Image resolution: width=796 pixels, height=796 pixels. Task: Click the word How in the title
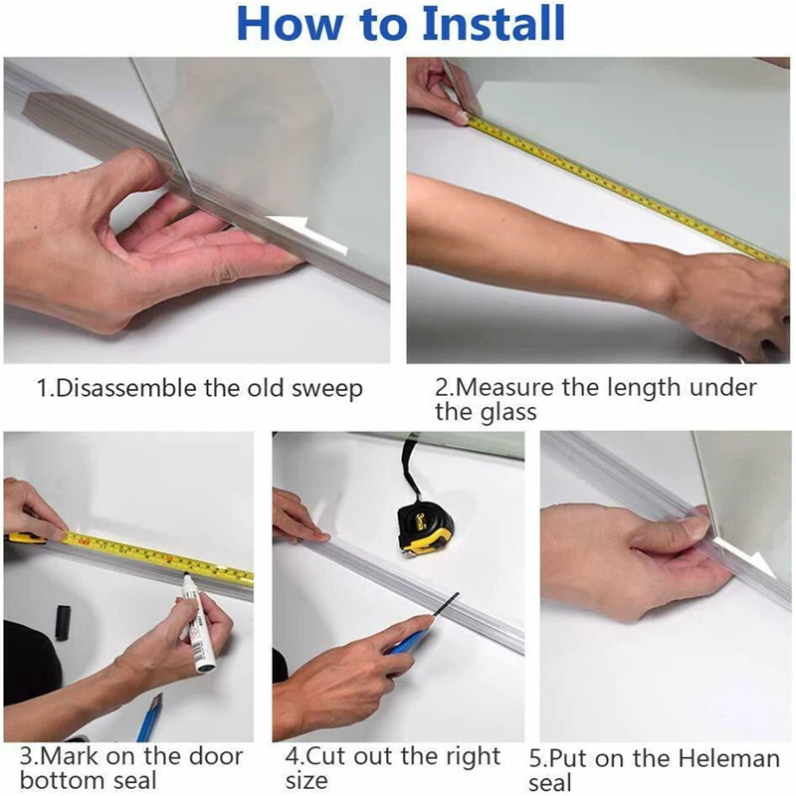tap(284, 24)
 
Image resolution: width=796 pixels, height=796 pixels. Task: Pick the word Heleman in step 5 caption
tap(732, 760)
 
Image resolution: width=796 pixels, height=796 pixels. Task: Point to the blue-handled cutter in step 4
tap(410, 642)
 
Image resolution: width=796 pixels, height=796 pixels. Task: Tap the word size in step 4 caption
tap(306, 781)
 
